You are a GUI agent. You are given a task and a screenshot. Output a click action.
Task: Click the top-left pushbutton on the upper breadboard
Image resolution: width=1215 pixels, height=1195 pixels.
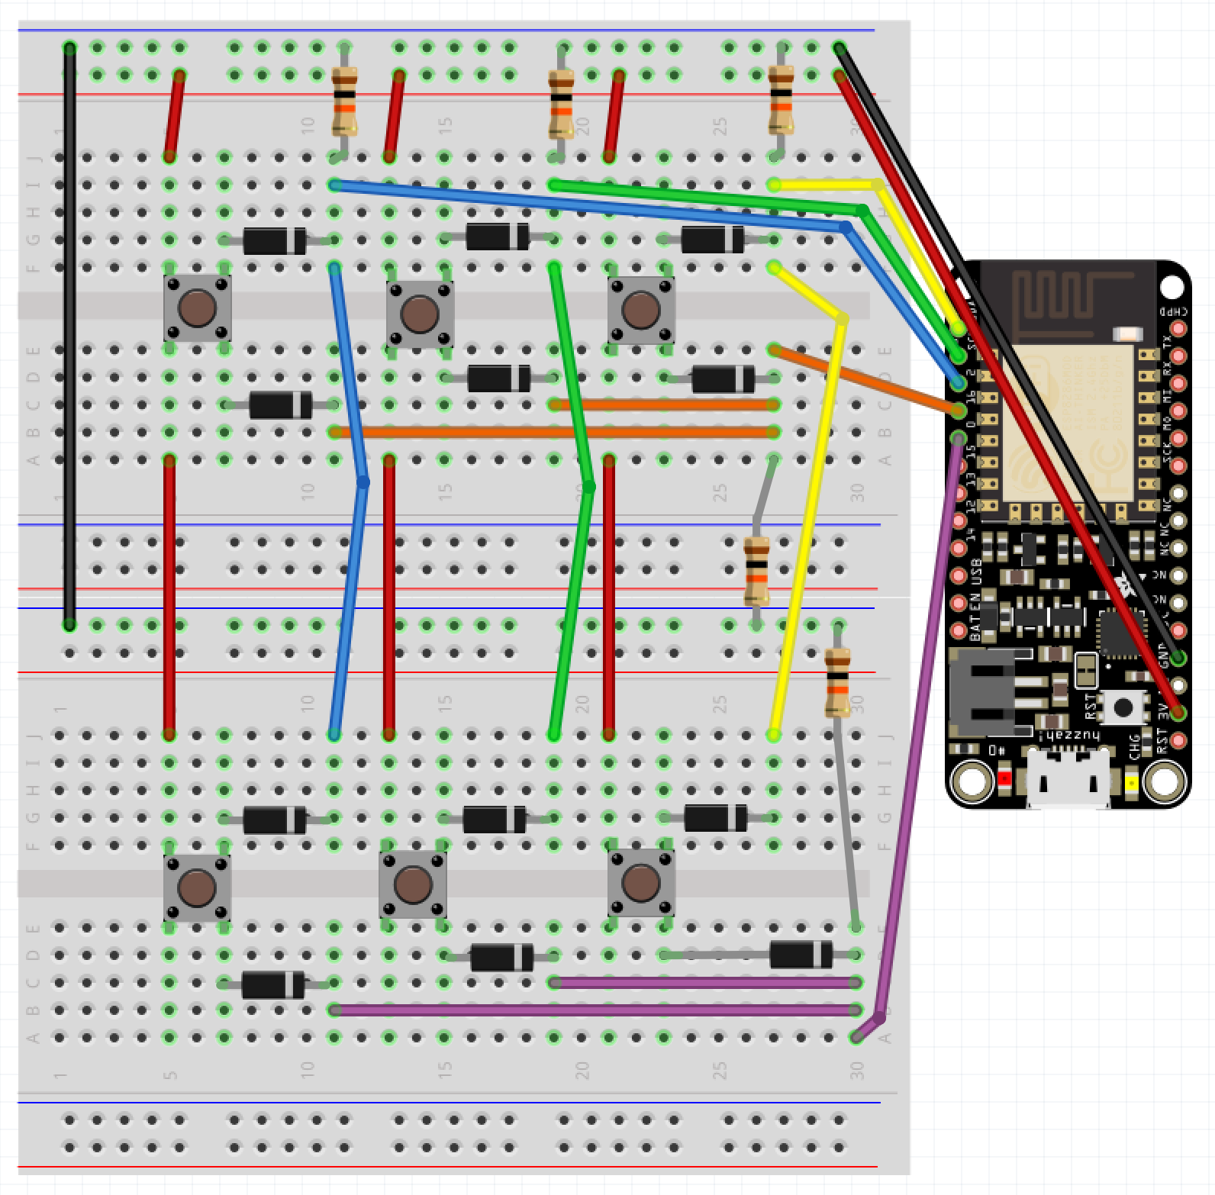coord(197,308)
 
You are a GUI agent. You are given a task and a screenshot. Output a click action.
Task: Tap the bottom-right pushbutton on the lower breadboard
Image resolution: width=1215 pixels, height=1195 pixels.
coord(641,883)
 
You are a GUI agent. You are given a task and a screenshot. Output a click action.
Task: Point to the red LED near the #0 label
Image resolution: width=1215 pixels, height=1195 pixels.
coord(1004,778)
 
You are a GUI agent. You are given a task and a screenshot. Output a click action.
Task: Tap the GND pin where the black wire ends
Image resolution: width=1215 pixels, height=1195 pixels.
coord(1179,659)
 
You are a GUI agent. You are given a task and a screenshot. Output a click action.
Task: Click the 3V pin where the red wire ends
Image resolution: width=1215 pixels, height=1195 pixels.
coord(1179,713)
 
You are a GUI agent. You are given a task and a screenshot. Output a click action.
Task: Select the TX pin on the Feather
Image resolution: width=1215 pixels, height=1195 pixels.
coord(1179,356)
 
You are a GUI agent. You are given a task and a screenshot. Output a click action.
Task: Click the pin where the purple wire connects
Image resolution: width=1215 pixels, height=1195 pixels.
coord(959,438)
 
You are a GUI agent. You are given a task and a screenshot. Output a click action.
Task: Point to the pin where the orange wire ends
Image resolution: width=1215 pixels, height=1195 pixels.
coord(959,411)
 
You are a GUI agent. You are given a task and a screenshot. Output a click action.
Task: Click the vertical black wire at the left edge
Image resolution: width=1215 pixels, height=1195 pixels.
coord(69,336)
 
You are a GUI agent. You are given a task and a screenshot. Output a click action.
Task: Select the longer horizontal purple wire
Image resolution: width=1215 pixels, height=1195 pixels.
coord(595,1010)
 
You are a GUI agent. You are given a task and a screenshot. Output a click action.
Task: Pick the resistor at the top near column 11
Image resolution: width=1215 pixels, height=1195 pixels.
coord(344,101)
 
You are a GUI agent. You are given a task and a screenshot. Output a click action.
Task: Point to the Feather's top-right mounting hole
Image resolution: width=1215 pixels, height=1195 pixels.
coord(1171,287)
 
